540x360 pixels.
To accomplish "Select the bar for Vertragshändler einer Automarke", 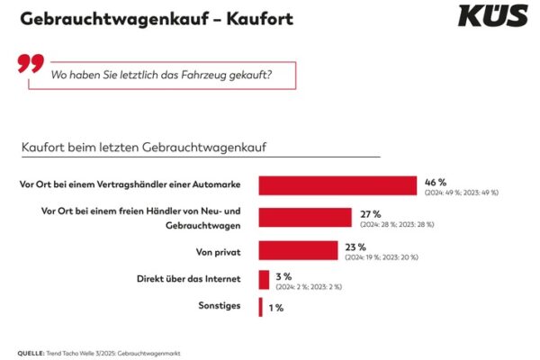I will (x=337, y=185).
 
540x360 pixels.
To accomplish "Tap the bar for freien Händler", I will (x=305, y=217).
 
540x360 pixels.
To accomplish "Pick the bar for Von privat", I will (x=298, y=249).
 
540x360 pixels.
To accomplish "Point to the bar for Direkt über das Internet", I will (x=264, y=279).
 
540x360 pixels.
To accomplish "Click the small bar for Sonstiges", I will (x=260, y=307).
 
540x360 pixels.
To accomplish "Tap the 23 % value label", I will (x=356, y=246).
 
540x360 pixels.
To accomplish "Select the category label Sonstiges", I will (x=219, y=307).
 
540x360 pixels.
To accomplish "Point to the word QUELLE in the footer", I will (x=30, y=352).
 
